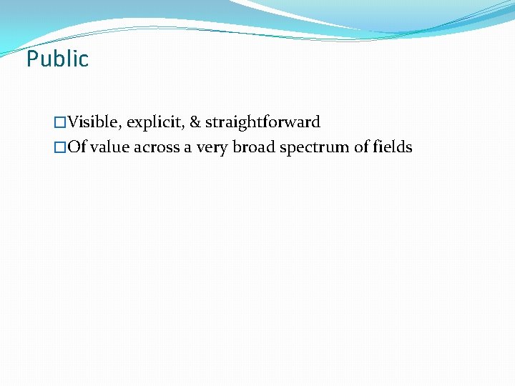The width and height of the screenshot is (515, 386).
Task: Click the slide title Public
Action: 57,59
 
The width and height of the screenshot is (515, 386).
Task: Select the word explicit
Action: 155,122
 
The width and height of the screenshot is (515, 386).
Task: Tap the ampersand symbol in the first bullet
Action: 194,122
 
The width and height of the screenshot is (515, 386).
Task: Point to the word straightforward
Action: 263,122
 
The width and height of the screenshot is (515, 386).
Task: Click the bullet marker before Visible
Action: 60,123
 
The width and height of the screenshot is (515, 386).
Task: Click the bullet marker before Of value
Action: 60,148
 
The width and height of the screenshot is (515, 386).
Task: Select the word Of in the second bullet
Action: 77,147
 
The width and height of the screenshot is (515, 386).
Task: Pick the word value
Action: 109,147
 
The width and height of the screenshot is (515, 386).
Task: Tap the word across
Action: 157,147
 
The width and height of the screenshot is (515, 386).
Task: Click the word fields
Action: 392,147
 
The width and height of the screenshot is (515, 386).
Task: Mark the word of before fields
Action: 361,147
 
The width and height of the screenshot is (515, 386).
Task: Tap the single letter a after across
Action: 187,148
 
